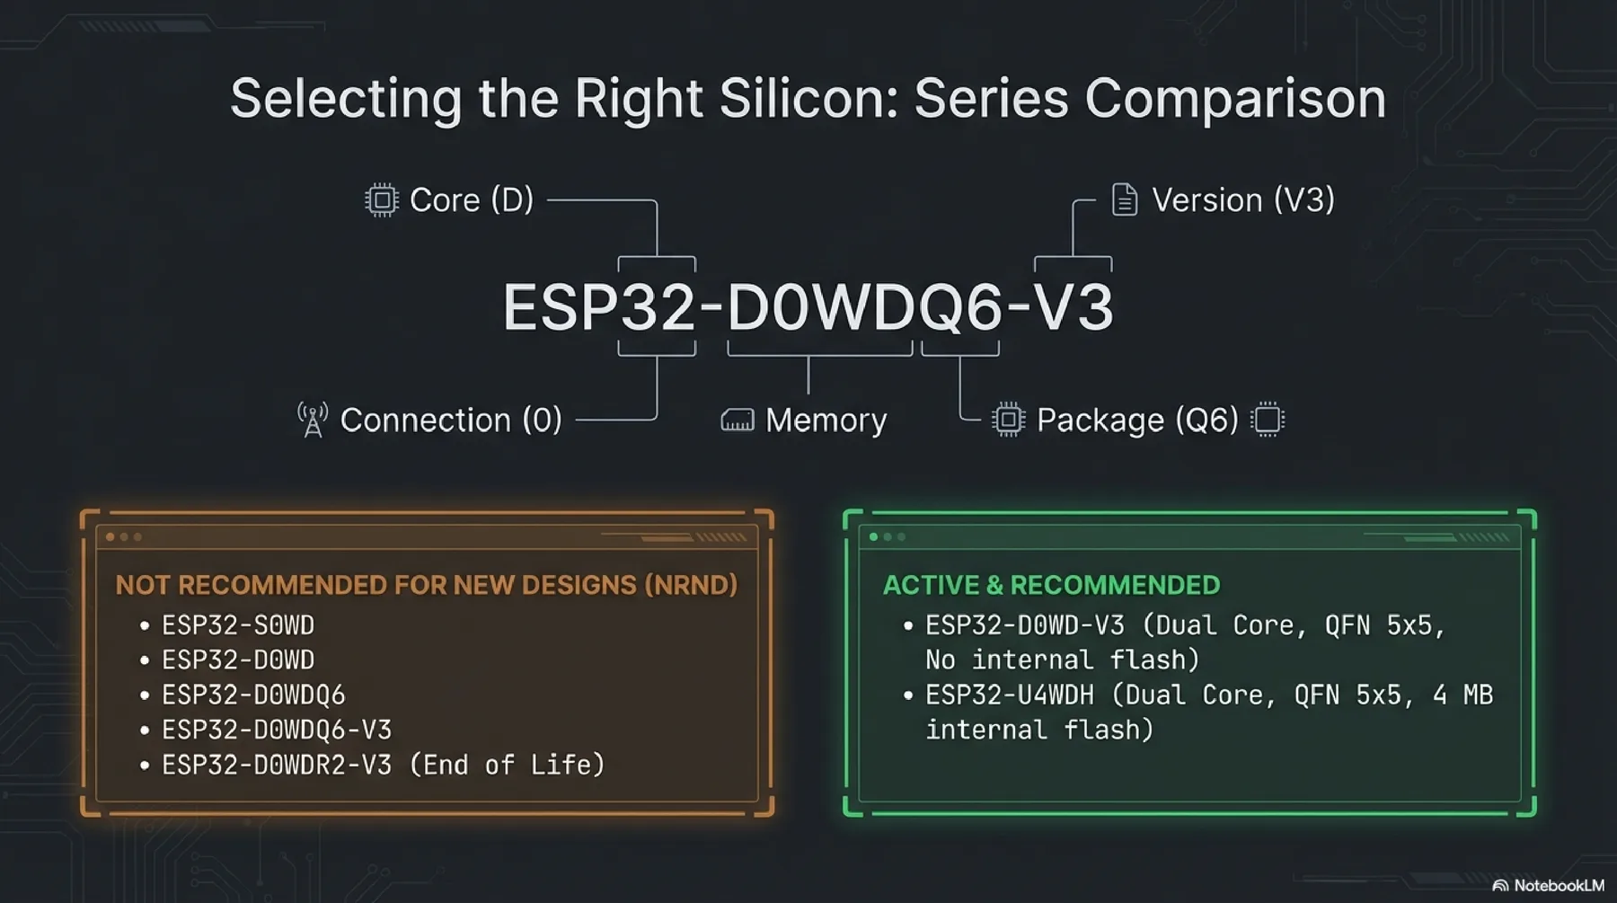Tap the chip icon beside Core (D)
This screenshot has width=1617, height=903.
coord(381,199)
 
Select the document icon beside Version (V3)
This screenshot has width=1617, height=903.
coord(1124,199)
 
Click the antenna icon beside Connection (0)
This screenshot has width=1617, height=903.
coord(313,420)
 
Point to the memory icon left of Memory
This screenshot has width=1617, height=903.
coord(737,421)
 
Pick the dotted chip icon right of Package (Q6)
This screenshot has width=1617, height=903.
coord(1268,420)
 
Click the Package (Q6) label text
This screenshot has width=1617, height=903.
coord(1137,420)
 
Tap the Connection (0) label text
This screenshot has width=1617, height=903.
coord(451,420)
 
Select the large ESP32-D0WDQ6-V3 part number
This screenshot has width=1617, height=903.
coord(808,307)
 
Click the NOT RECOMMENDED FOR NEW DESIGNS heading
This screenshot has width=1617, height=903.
coord(426,585)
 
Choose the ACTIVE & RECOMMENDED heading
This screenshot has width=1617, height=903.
coord(1051,585)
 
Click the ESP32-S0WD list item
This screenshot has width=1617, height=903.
coord(238,625)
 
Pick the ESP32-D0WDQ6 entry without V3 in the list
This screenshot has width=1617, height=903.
coord(253,695)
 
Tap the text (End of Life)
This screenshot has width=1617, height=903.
coord(507,765)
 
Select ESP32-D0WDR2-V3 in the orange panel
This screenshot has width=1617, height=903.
coord(277,765)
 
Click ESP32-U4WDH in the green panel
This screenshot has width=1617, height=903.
coord(1010,695)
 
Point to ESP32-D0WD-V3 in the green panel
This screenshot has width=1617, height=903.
coord(1025,625)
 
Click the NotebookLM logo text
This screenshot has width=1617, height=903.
coord(1557,886)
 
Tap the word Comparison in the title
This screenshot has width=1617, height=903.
coord(1235,98)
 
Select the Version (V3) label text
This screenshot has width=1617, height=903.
coord(1242,199)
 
